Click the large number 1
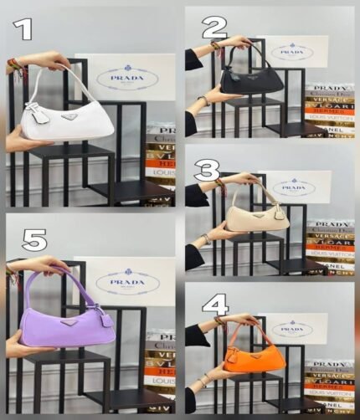click(x=24, y=30)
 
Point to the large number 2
click(x=213, y=27)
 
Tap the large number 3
click(x=206, y=172)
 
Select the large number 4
click(x=215, y=304)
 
